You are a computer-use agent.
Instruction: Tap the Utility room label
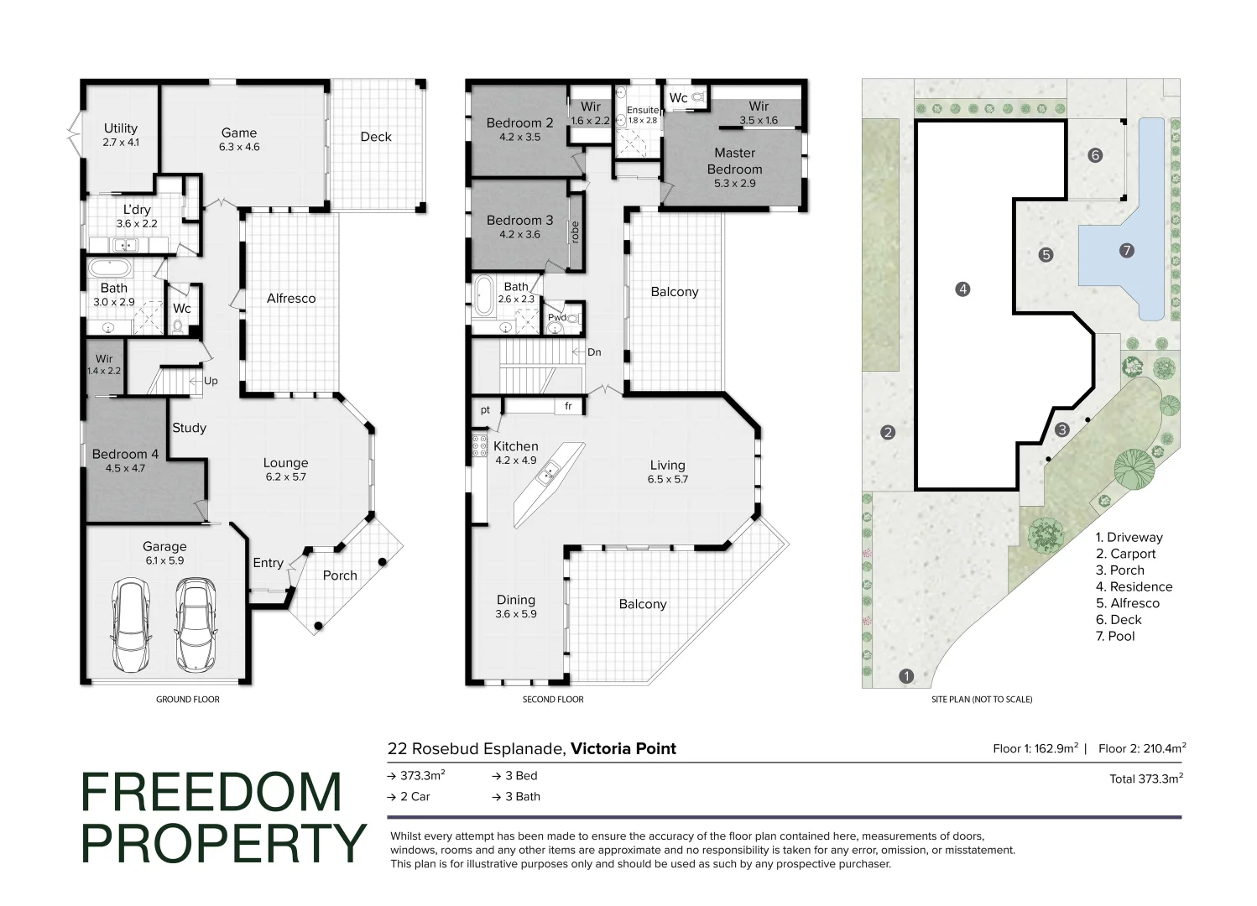click(x=121, y=128)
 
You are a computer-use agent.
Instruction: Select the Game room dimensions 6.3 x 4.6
click(x=239, y=147)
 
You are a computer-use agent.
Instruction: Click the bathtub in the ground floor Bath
click(x=111, y=269)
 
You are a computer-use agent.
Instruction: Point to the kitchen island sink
click(x=546, y=476)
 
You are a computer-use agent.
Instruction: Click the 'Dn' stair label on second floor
click(x=594, y=352)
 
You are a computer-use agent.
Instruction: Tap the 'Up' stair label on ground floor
click(x=211, y=381)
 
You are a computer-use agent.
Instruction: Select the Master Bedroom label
click(x=734, y=160)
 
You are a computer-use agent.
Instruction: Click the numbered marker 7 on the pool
click(x=1127, y=250)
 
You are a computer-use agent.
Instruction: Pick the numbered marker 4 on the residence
click(x=962, y=289)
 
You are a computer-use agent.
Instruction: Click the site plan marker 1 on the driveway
click(x=905, y=676)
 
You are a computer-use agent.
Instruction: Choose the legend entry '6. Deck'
click(x=1119, y=619)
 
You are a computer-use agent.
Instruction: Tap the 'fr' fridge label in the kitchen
click(x=568, y=406)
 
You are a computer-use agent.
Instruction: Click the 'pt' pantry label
click(x=485, y=410)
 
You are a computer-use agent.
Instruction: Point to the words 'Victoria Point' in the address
click(x=623, y=748)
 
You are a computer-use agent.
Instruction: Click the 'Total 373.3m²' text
click(x=1145, y=778)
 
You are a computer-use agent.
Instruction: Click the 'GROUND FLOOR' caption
click(x=187, y=699)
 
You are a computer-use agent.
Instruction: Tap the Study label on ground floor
click(x=189, y=428)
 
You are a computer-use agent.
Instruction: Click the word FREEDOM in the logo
click(x=211, y=793)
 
